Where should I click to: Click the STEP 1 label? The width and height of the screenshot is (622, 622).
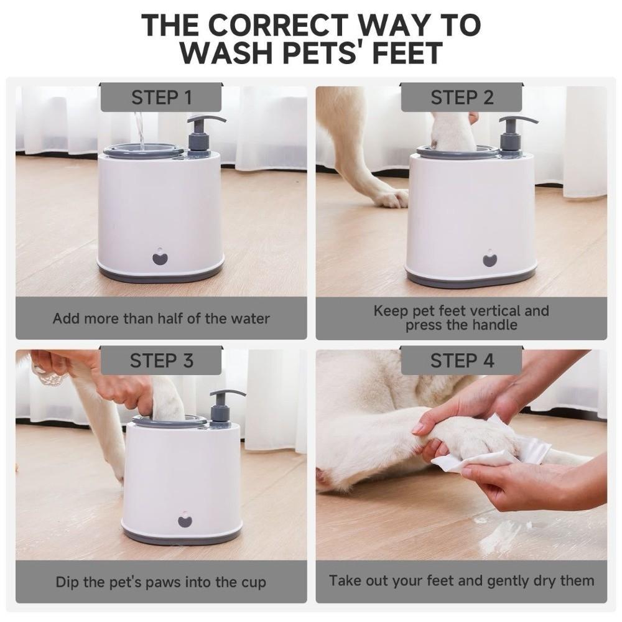point(161,98)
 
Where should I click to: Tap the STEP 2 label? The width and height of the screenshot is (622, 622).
point(462,98)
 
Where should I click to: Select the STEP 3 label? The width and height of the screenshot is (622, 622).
point(161,361)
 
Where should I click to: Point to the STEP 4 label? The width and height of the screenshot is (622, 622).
point(462,361)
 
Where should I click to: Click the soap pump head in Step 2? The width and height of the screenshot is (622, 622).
point(517,120)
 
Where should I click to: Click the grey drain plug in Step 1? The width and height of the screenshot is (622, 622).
point(160,258)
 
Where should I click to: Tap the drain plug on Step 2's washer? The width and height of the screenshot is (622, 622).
point(490,259)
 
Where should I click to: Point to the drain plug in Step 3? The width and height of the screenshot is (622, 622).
point(185,520)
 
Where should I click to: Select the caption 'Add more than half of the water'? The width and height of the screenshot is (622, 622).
point(161,318)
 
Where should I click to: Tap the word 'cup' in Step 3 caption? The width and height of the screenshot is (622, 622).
point(253,582)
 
